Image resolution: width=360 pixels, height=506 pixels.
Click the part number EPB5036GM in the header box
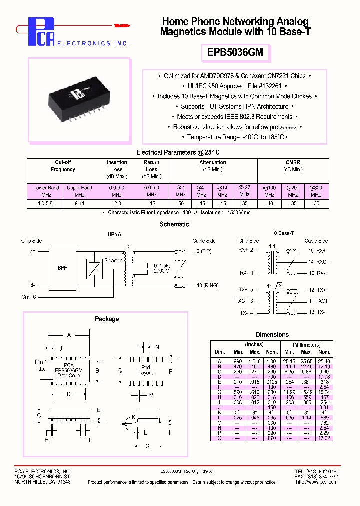(234, 52)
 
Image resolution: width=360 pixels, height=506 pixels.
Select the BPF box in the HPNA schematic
(62, 268)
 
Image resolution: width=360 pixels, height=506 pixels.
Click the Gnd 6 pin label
(28, 297)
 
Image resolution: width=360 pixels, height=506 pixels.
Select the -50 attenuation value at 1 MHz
(180, 204)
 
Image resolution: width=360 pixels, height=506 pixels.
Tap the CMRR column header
(293, 162)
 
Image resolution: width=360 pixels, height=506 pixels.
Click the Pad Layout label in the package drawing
(146, 370)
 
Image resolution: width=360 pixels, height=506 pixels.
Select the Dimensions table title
(272, 335)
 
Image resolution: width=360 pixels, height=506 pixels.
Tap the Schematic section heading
(174, 224)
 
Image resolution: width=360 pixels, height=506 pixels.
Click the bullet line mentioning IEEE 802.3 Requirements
(235, 117)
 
